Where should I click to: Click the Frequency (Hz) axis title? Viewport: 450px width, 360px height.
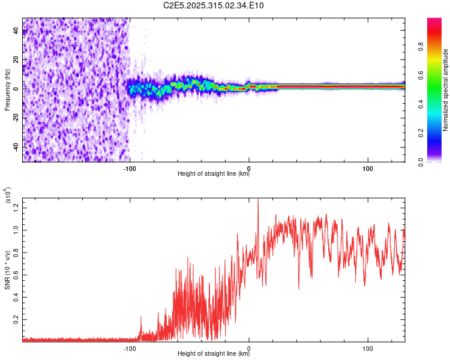7,89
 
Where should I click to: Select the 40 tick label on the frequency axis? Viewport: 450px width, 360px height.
16,31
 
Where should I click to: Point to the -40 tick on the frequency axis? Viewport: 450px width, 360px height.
16,147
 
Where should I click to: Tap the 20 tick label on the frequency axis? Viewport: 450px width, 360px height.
16,60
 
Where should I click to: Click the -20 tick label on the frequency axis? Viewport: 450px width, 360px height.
16,118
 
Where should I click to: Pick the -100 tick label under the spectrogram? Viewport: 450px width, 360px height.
130,168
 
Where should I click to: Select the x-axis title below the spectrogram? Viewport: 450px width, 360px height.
214,174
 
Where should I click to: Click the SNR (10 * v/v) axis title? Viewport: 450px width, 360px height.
8,268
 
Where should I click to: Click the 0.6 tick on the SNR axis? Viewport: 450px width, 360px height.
16,275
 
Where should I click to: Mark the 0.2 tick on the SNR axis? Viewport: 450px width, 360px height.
16,320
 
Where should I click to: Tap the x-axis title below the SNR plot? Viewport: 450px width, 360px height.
214,353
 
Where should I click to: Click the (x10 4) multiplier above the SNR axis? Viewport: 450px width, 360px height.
8,195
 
